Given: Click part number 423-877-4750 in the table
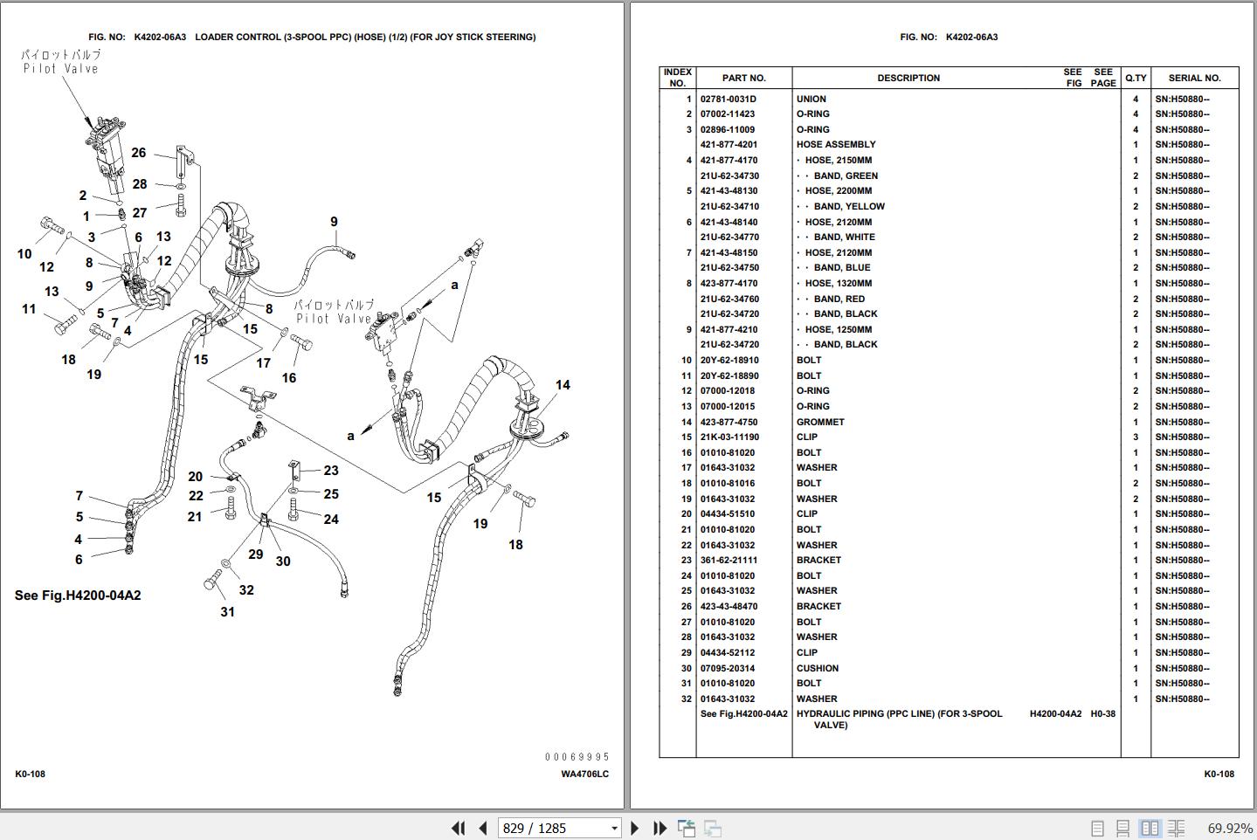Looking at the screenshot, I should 729,422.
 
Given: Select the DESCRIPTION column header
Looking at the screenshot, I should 908,78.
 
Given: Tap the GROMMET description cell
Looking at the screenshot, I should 820,422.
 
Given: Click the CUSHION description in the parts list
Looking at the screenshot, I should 818,668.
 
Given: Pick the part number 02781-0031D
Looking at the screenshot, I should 728,99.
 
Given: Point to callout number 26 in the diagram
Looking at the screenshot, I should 139,153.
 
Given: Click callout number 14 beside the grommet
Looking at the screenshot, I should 563,385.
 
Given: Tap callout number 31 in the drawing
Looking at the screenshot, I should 227,612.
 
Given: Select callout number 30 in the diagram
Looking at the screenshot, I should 283,561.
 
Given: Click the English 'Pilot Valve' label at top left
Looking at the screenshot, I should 61,69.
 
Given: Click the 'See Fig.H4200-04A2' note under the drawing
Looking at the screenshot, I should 78,596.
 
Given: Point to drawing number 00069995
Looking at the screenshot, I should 577,757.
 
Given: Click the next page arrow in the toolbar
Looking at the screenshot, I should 635,828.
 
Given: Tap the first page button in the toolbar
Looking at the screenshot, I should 458,828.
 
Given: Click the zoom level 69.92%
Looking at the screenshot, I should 1228,828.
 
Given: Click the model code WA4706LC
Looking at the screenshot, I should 584,775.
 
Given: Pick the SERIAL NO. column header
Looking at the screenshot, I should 1194,78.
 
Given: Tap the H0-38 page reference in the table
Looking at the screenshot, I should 1102,713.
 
